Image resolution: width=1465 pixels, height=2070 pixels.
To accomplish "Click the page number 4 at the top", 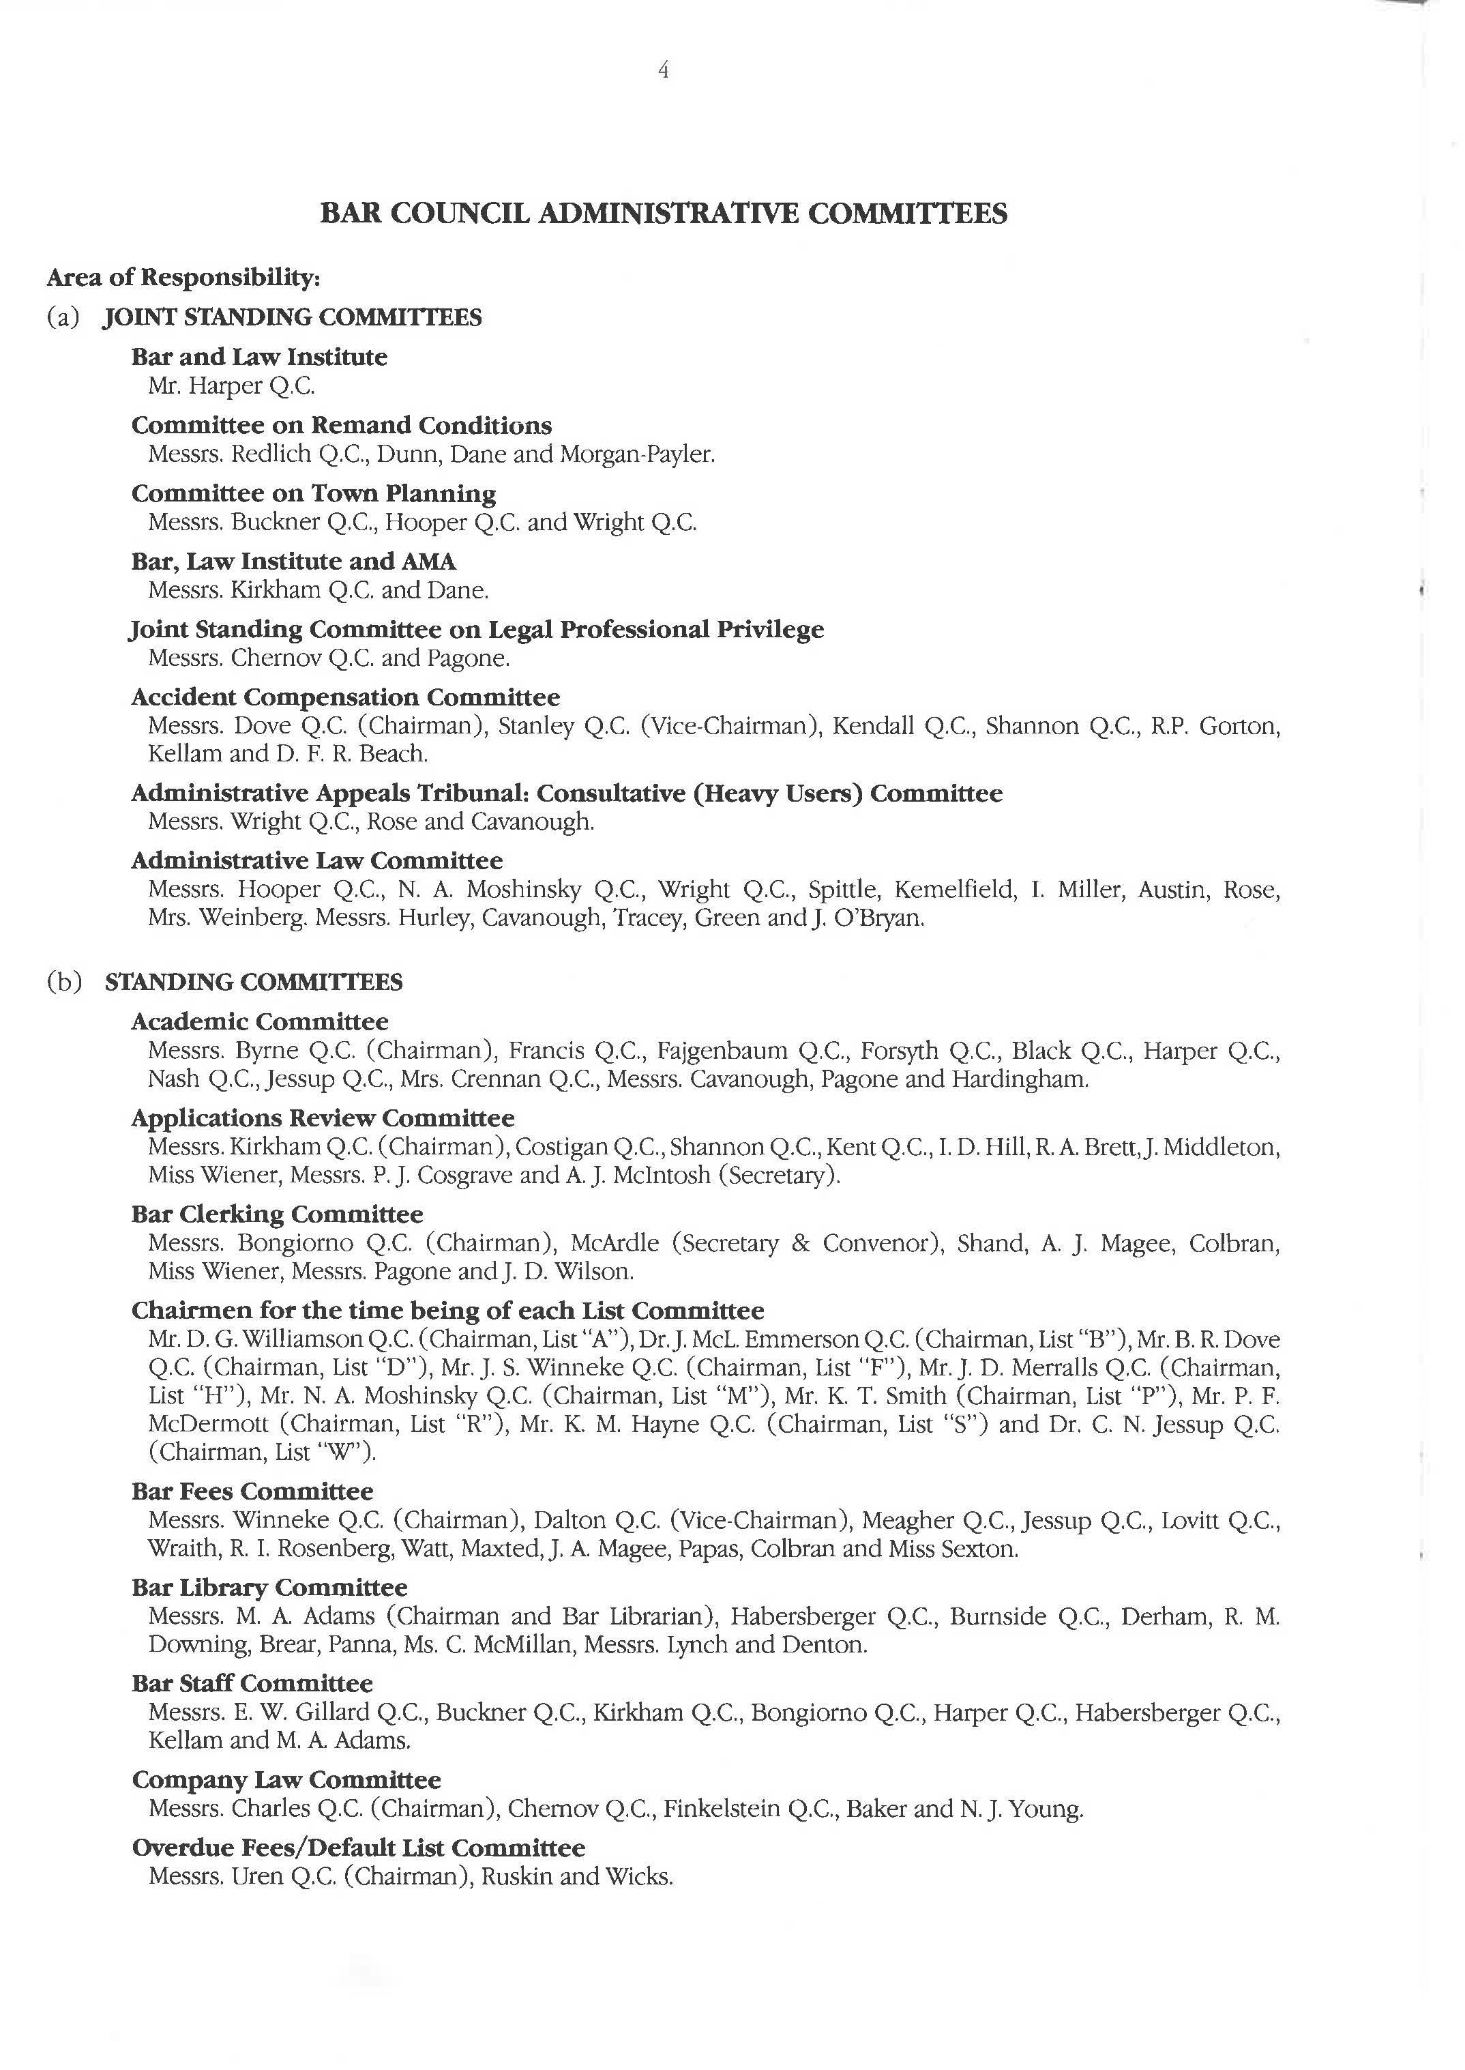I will click(664, 70).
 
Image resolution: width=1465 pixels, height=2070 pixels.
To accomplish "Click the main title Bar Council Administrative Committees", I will click(664, 214).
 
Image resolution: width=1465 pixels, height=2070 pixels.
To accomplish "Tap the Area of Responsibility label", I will click(183, 277).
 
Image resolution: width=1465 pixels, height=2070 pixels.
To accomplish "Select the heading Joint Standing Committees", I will click(293, 318).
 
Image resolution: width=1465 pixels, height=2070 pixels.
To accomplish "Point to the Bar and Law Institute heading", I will click(259, 358).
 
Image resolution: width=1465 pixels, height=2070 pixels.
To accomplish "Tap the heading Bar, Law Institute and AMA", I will click(293, 562).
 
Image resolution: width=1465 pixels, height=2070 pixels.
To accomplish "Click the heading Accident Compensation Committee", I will click(346, 697).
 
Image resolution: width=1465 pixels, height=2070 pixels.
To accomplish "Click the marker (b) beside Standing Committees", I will click(64, 982).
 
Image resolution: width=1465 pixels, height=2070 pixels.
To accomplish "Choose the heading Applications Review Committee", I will click(322, 1118).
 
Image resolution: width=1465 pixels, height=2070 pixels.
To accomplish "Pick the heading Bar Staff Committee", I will click(252, 1684).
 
